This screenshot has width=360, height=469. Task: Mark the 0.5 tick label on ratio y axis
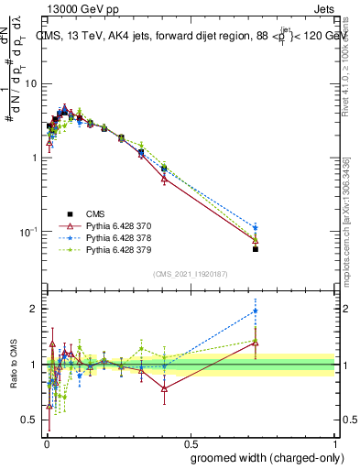point(31,420)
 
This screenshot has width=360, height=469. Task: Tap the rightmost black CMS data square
point(256,249)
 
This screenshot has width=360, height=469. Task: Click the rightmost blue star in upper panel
point(256,227)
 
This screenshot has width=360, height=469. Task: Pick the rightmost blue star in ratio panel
point(256,311)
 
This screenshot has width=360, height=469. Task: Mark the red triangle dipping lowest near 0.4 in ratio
point(164,388)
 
